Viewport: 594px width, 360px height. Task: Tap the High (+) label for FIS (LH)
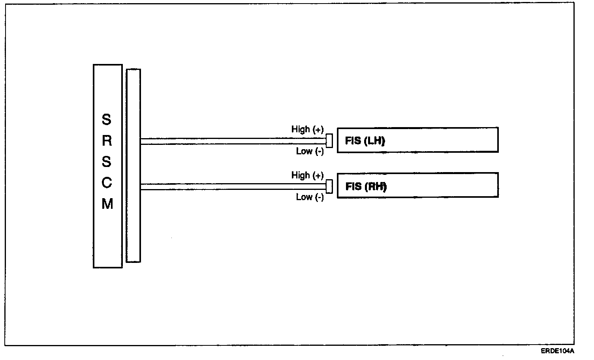(x=307, y=129)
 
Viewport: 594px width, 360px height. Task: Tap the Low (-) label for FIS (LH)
(x=310, y=151)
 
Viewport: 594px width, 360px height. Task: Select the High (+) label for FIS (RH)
(x=307, y=175)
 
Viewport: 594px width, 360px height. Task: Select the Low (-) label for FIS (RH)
(x=310, y=197)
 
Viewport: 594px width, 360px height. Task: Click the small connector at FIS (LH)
(x=329, y=141)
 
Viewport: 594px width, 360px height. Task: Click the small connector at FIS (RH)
(x=329, y=187)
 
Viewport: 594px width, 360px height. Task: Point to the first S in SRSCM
(x=107, y=120)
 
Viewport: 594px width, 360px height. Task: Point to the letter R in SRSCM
(x=107, y=141)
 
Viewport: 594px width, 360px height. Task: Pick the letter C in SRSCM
(x=107, y=183)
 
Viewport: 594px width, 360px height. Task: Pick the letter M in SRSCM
(x=107, y=204)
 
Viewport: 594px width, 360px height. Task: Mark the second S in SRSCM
(x=107, y=162)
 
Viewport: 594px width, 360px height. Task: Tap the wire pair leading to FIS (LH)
(x=233, y=141)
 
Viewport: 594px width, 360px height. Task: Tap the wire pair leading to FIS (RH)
(x=233, y=187)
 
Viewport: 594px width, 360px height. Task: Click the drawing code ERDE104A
(x=557, y=351)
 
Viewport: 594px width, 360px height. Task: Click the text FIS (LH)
(x=365, y=141)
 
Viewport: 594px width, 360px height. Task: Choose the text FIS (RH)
(x=366, y=186)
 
